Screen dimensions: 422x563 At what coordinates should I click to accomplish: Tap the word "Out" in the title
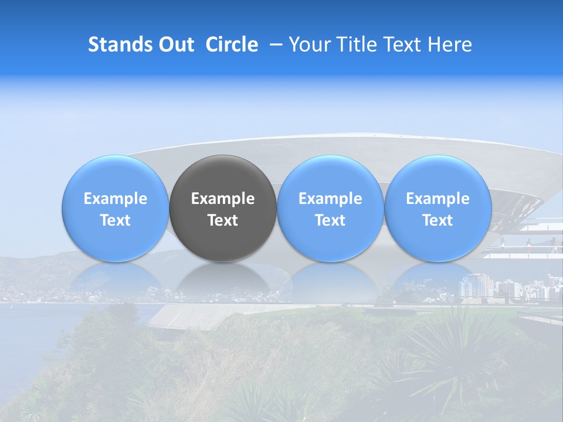175,45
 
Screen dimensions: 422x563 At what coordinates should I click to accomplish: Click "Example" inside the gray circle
223,199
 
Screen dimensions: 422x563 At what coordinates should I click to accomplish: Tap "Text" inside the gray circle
223,220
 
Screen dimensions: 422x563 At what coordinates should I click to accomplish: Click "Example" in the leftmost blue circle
115,199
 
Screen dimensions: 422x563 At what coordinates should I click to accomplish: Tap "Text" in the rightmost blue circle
437,220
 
